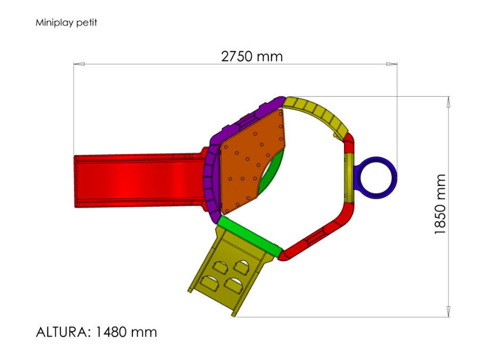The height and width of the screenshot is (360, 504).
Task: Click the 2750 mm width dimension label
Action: coord(251,56)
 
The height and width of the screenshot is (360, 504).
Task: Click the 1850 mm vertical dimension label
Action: coord(440,204)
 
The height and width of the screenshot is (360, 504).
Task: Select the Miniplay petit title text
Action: coord(66,22)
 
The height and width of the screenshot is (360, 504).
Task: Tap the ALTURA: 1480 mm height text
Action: coord(96,332)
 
